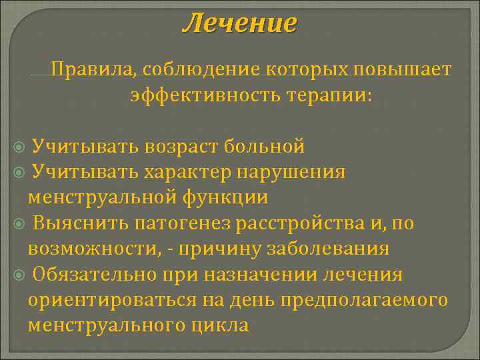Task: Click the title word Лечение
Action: point(240,24)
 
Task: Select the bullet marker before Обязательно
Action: point(19,275)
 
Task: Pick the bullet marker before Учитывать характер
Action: point(19,172)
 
